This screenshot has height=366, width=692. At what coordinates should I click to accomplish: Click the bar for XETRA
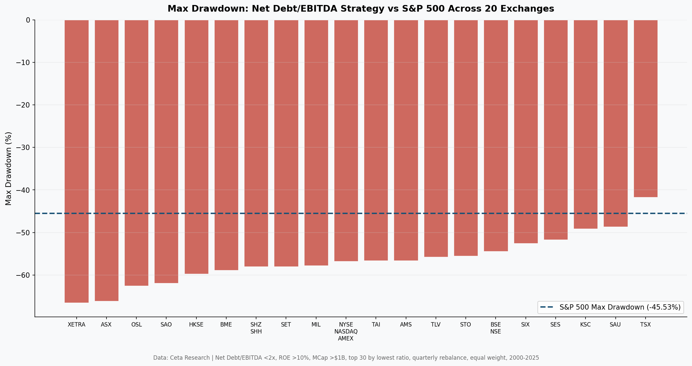(77, 161)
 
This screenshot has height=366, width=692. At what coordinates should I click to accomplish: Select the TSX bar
(646, 109)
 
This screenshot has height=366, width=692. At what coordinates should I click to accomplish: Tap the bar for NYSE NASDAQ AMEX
(346, 140)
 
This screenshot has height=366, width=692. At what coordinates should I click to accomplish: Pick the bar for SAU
(615, 123)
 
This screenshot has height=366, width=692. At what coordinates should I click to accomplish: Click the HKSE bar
(196, 147)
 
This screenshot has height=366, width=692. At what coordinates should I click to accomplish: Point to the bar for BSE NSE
(496, 135)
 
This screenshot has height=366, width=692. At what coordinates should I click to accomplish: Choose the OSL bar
(136, 153)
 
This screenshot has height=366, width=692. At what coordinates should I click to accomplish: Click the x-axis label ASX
(106, 325)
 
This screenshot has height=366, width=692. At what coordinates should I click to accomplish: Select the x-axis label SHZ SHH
(256, 328)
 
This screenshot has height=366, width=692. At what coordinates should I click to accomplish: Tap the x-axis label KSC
(586, 325)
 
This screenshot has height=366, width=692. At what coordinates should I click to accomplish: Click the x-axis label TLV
(436, 325)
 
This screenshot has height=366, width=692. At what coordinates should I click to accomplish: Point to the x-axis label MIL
(316, 325)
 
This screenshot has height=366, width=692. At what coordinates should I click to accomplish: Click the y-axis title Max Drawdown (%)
(9, 168)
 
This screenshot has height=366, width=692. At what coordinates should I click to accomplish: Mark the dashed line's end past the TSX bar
(685, 213)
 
